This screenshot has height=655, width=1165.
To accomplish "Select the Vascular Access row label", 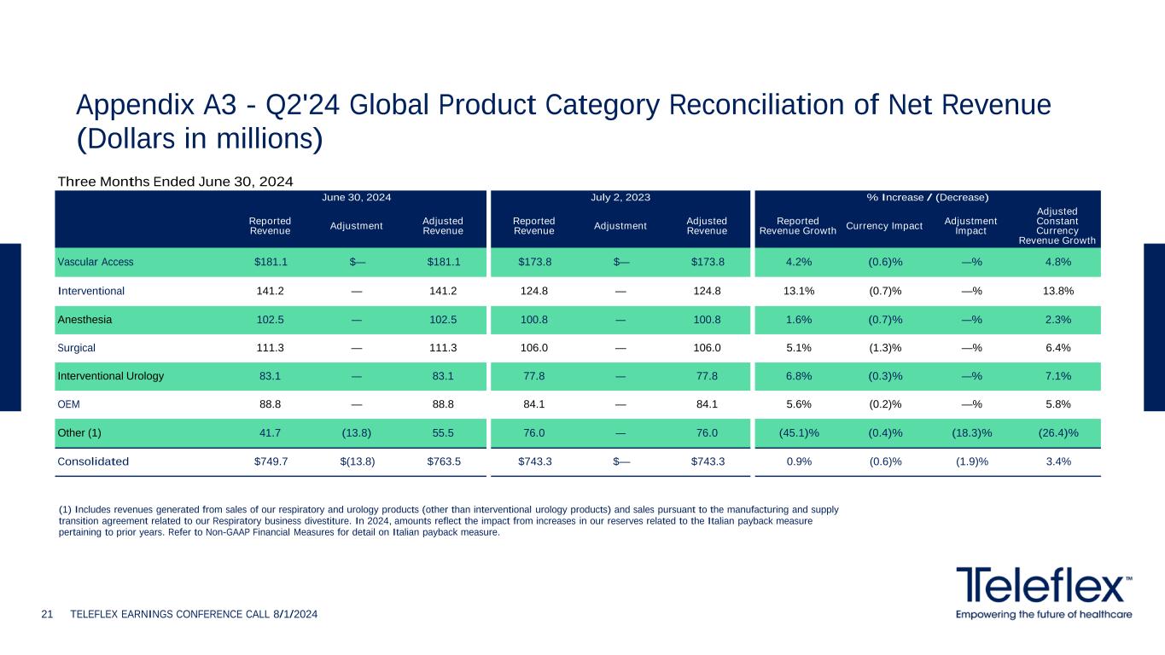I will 96,262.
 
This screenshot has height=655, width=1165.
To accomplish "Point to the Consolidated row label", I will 93,461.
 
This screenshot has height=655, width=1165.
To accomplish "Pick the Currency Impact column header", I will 884,225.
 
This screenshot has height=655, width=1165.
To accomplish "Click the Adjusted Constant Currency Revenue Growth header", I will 1057,225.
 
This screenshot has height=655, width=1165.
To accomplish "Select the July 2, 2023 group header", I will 620,197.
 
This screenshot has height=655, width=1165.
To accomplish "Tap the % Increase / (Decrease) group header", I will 927,197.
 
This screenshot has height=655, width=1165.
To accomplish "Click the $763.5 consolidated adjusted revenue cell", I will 443,461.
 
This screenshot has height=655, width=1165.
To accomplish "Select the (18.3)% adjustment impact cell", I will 970,432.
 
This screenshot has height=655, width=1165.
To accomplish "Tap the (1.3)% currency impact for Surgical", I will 884,347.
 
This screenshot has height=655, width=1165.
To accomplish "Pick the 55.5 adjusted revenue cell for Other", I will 443,432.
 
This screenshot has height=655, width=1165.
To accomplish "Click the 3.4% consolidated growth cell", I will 1057,461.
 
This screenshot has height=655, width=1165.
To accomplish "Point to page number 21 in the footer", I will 48,614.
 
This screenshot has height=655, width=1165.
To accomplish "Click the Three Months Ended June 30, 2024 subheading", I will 175,181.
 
